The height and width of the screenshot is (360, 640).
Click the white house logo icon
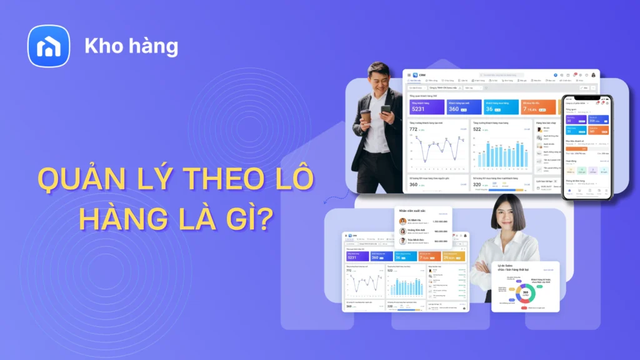tap(49, 46)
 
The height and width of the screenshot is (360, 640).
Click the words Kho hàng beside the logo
tap(131, 46)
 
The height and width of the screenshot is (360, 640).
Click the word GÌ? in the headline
tap(253, 220)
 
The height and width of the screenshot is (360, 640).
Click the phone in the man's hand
tap(386, 111)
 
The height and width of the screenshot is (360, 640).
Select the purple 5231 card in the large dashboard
tap(427, 107)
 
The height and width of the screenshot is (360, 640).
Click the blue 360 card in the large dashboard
tap(464, 107)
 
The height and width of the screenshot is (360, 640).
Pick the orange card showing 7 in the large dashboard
tap(538, 107)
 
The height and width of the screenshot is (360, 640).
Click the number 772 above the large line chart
tap(413, 129)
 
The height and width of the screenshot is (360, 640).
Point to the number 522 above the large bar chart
tap(477, 129)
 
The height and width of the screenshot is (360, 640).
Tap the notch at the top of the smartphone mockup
tap(587, 97)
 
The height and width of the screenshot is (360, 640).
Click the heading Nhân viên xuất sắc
tap(413, 212)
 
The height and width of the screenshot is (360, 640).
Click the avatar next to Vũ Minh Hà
tap(402, 221)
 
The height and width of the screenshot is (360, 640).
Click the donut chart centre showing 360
tap(526, 292)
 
